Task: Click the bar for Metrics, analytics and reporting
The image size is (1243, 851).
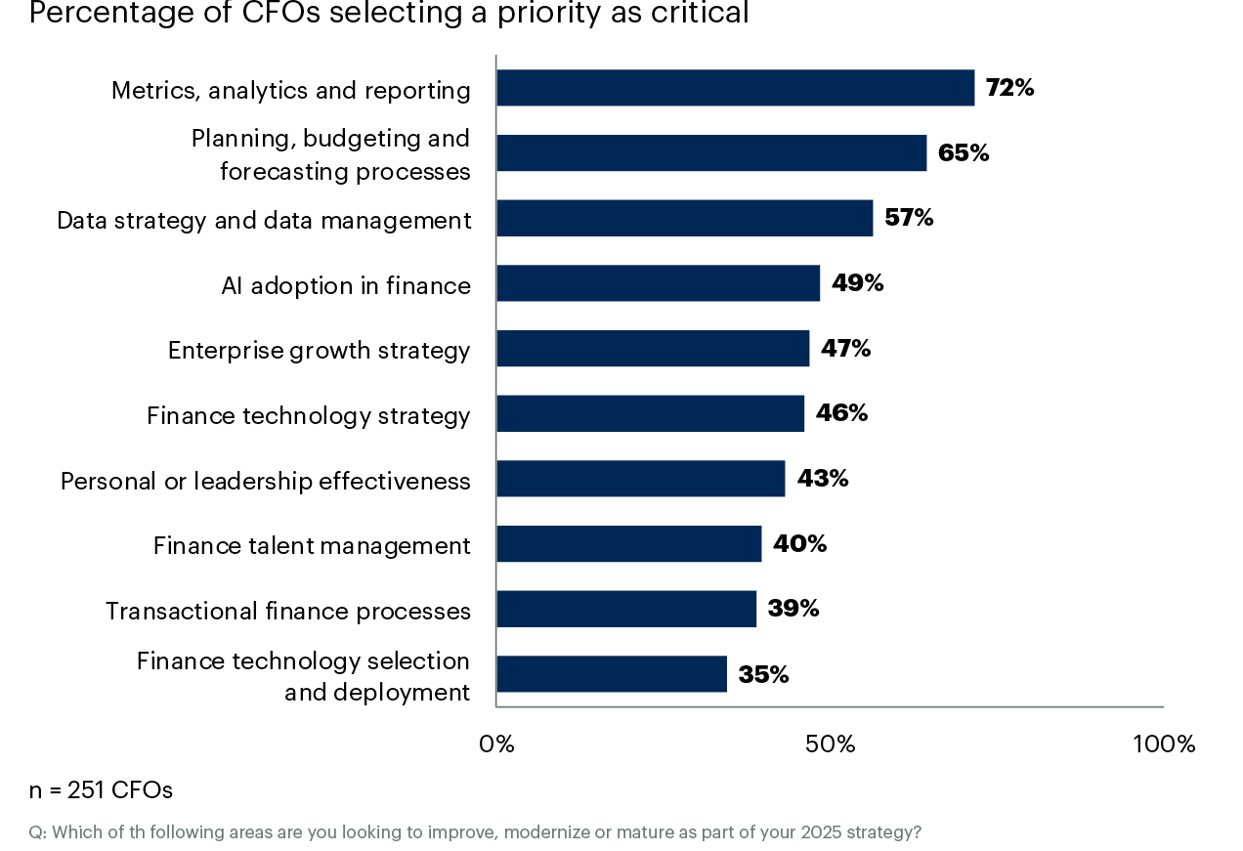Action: point(735,88)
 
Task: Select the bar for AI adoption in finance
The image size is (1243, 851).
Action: point(658,283)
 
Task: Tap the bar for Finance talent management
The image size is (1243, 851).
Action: point(628,543)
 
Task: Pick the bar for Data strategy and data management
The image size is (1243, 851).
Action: point(684,218)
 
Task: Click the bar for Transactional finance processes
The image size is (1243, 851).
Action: point(625,609)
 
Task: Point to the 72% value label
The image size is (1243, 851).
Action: point(1009,88)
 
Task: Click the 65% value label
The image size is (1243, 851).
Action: point(964,153)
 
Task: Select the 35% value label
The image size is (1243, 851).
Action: point(763,674)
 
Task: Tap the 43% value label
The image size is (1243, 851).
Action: point(823,479)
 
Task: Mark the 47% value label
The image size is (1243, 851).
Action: point(845,349)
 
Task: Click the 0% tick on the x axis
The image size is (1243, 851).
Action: point(496,745)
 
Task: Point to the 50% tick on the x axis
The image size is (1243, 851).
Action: point(831,745)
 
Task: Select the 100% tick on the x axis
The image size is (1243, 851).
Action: point(1164,745)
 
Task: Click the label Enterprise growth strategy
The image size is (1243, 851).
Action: point(319,351)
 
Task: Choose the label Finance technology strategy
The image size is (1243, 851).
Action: point(308,416)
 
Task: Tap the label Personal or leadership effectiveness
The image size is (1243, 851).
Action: point(265,482)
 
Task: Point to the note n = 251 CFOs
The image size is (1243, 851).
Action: point(101,789)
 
